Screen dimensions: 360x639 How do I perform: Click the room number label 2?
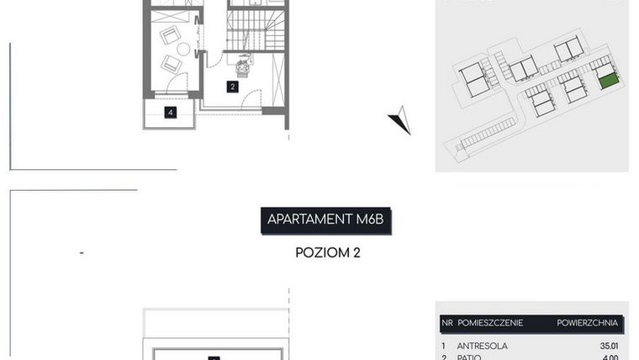pos(233,86)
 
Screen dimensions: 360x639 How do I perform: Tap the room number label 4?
pos(170,113)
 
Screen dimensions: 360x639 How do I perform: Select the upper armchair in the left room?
pos(170,35)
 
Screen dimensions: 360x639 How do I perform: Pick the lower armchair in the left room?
pos(172,63)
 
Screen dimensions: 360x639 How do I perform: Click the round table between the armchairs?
pos(182,49)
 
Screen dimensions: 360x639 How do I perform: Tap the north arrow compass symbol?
pos(400,121)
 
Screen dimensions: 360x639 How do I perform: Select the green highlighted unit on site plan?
pos(608,81)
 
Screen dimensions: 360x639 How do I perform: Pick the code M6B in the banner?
pos(370,220)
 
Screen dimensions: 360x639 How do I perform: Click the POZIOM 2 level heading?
pos(328,251)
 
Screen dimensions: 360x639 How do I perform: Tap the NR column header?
pos(446,322)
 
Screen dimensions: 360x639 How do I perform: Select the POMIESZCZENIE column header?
pos(490,322)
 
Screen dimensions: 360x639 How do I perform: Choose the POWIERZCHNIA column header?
pos(587,322)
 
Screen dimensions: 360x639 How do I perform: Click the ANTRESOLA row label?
pos(482,345)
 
